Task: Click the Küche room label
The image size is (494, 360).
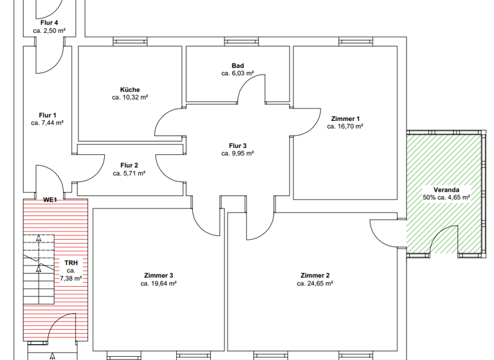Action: point(129,89)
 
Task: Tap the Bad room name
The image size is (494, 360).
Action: point(237,66)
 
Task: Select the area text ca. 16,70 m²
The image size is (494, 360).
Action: point(345,127)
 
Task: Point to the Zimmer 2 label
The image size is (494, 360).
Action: point(315,275)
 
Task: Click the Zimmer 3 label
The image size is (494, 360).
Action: point(159,275)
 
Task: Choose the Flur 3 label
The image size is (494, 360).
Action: point(237,145)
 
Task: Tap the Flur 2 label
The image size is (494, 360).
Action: point(129,165)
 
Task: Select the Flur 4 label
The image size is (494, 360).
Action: point(50,22)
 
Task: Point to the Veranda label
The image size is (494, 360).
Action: point(446,190)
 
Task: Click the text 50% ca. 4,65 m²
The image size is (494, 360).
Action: point(446,198)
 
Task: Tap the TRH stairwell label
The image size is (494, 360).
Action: point(71,263)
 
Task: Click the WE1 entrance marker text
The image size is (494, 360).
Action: point(50,200)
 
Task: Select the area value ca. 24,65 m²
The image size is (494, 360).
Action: point(315,283)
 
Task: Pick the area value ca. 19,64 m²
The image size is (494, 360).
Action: point(159,283)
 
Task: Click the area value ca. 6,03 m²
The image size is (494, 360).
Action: point(237,73)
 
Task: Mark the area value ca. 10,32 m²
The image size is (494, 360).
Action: point(129,98)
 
